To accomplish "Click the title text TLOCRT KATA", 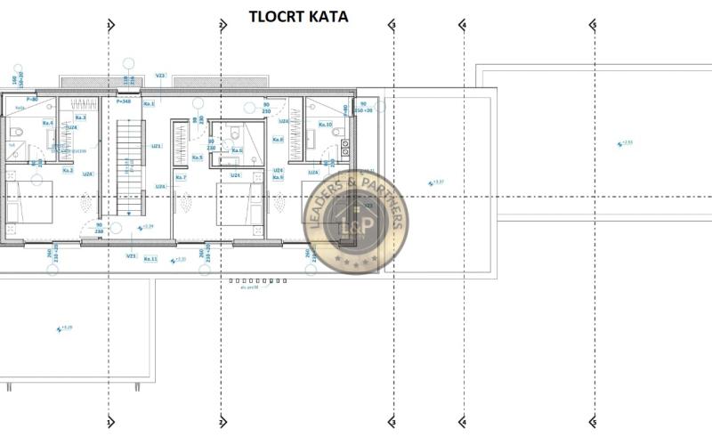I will [x=297, y=16].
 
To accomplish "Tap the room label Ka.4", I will [x=47, y=123].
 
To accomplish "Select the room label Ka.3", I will [x=80, y=117].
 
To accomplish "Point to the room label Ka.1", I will [x=148, y=104].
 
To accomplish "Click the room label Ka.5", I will [x=197, y=158].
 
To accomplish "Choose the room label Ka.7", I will [x=181, y=177].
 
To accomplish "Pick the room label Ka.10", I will [x=326, y=125].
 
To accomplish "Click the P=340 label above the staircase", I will [x=124, y=102].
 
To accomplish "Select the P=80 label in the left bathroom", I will [x=32, y=99].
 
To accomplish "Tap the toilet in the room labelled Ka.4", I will [x=15, y=133].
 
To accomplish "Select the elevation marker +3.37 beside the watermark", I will [x=435, y=182].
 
